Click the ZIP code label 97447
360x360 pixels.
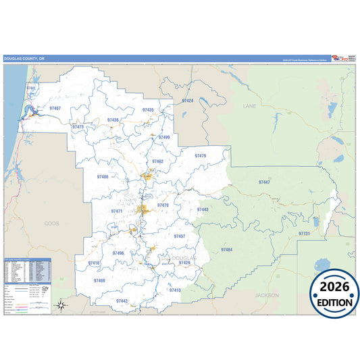(264, 182)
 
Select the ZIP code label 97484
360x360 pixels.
(226, 249)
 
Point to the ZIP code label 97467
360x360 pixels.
(55, 108)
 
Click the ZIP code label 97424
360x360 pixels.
(188, 101)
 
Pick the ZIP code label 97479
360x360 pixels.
(200, 156)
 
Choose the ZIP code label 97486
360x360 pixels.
(103, 176)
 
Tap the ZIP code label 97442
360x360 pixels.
(122, 301)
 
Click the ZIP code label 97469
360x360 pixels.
(99, 280)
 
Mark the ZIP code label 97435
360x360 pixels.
(148, 109)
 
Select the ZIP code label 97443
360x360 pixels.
(203, 209)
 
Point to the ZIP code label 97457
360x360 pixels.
(179, 236)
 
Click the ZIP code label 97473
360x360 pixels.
(78, 126)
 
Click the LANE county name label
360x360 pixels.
(249, 106)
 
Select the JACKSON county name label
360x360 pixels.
(266, 295)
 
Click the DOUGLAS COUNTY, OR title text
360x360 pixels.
(24, 59)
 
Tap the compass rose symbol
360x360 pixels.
(61, 305)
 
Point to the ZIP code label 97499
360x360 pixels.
(164, 136)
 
